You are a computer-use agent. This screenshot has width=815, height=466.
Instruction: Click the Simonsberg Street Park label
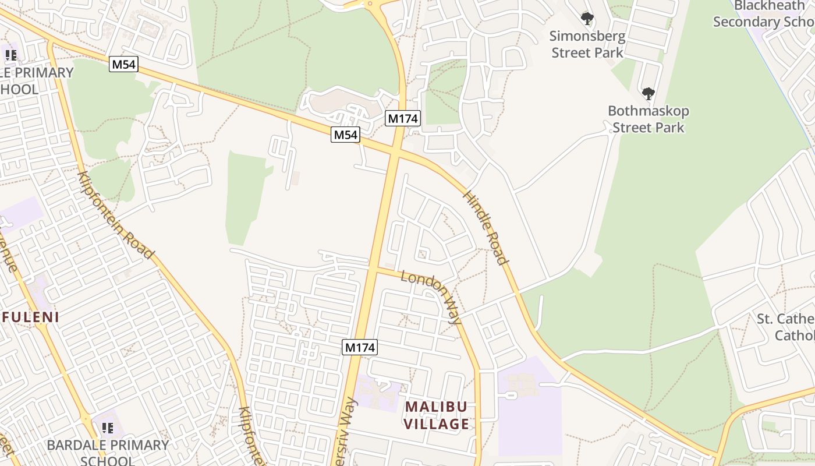pos(587,44)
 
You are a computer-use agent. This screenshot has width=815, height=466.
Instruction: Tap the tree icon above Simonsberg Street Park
pos(587,19)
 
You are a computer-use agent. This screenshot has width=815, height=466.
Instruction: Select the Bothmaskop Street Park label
pos(648,119)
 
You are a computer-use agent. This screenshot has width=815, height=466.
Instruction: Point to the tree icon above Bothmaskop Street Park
pos(648,93)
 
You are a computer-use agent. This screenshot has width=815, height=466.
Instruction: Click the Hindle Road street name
pos(486,227)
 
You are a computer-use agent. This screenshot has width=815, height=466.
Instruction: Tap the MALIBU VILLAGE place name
pos(437,415)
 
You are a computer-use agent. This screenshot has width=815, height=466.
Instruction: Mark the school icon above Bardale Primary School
pos(108,429)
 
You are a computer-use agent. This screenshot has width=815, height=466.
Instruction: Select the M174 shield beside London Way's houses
pos(360,348)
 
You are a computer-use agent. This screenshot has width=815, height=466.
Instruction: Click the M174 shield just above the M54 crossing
pos(403,118)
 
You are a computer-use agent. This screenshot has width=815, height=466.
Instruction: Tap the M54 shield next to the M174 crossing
pos(346,135)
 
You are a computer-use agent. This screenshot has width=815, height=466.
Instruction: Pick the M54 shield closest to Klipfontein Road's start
pos(123,64)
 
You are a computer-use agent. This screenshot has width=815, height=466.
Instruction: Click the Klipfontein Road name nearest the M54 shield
pos(116,215)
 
